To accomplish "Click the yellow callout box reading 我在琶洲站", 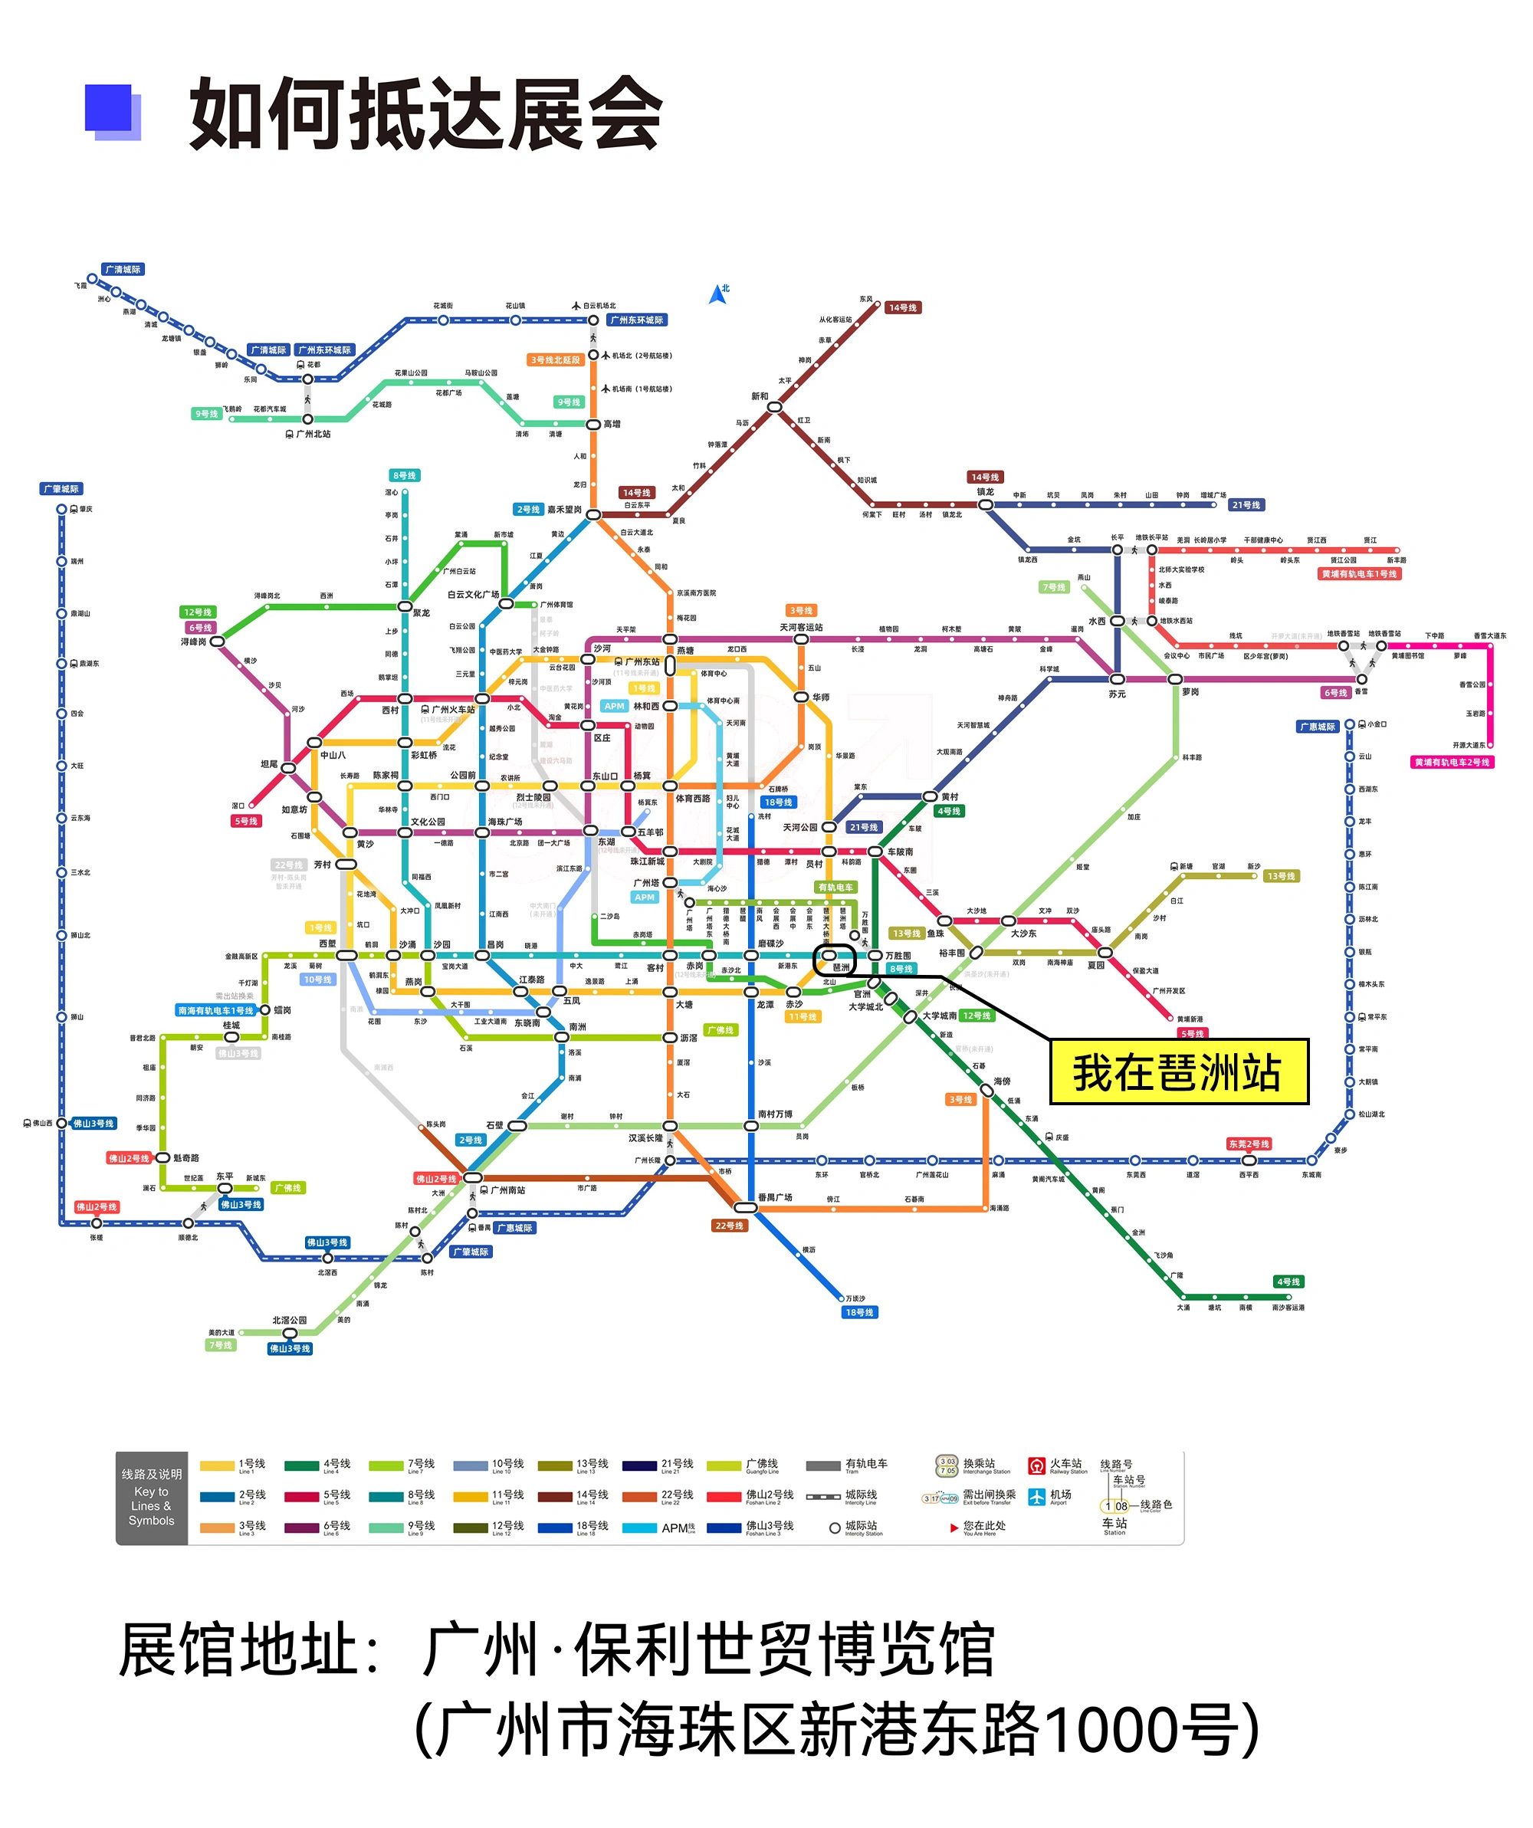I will click(1179, 1072).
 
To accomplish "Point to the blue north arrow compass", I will click(718, 294).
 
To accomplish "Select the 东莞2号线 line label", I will click(1249, 1144).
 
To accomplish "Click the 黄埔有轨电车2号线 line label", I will click(1452, 763).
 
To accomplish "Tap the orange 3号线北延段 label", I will click(556, 359).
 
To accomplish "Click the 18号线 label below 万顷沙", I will click(859, 1313).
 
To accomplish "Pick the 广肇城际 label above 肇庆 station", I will click(61, 488).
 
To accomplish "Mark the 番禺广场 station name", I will click(775, 1198).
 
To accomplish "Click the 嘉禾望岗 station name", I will click(564, 509).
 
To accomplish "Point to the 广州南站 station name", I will click(507, 1190).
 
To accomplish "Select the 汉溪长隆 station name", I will click(646, 1137).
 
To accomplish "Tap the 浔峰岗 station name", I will click(193, 642).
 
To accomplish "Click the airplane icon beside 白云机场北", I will click(576, 306).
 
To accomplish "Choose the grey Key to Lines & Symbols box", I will click(152, 1497).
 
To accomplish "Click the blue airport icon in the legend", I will click(1036, 1496).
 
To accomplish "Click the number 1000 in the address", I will click(1095, 1729).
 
